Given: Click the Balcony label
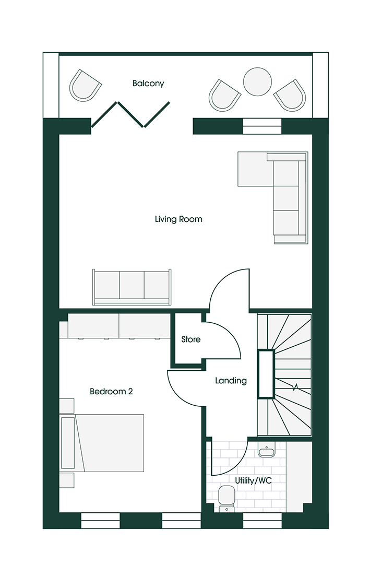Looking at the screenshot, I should [148, 83].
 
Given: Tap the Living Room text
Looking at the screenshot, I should [178, 219].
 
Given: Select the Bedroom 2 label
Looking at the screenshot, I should [111, 391].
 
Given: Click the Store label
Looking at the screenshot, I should [190, 339].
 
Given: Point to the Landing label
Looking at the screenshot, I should [231, 381].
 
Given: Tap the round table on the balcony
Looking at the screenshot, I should [258, 82].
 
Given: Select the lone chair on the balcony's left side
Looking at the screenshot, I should [85, 86].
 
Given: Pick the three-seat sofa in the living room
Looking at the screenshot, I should [132, 287].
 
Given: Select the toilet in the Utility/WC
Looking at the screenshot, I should [227, 498].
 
